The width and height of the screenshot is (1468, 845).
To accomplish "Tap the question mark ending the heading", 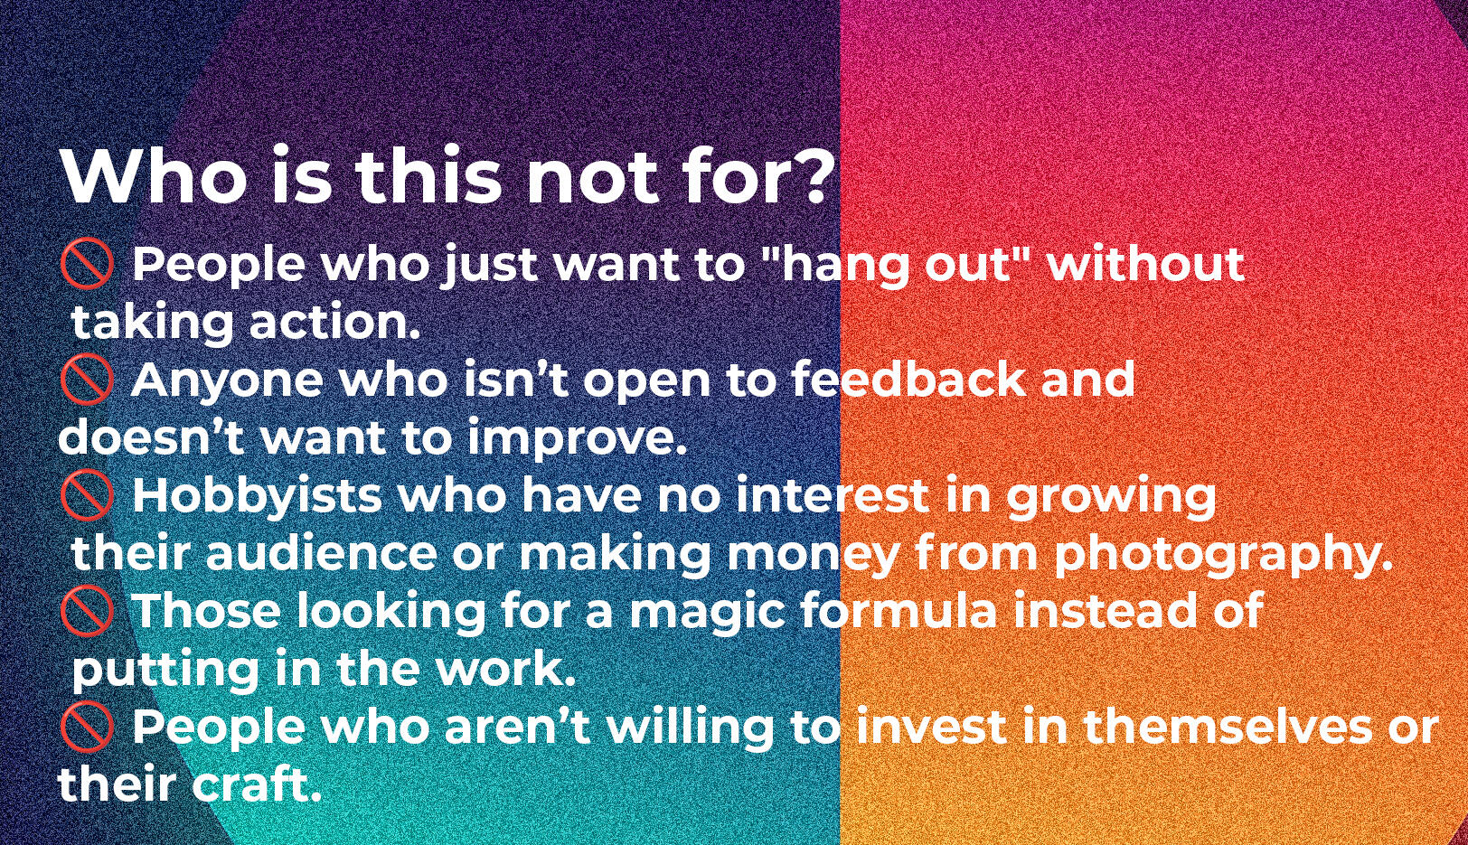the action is tap(813, 175).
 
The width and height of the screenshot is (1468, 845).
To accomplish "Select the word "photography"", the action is tap(1223, 556).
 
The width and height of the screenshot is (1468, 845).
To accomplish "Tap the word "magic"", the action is tap(713, 613).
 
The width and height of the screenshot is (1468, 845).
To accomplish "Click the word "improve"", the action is tap(578, 439).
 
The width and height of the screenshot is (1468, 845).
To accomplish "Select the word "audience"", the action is tap(321, 553).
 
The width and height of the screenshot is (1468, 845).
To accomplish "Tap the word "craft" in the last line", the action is tap(256, 784).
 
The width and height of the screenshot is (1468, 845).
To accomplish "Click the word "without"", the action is tap(1146, 263).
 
